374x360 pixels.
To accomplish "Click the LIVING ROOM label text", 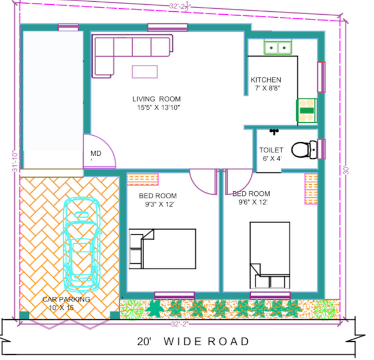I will (x=156, y=99).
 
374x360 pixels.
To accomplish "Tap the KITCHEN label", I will (x=266, y=80).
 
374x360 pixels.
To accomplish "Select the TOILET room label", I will (x=271, y=150).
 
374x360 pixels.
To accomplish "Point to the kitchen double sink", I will (x=277, y=47).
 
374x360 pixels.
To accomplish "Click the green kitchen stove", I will (x=306, y=109).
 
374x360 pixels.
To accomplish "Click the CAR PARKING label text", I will (x=66, y=299).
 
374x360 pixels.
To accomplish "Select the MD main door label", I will (x=95, y=153).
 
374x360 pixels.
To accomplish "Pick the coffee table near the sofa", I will (x=145, y=71).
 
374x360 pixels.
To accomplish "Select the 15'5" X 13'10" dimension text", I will (x=156, y=107).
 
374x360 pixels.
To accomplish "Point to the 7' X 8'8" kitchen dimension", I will (x=267, y=89).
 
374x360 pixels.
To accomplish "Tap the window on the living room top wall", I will (x=168, y=27).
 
